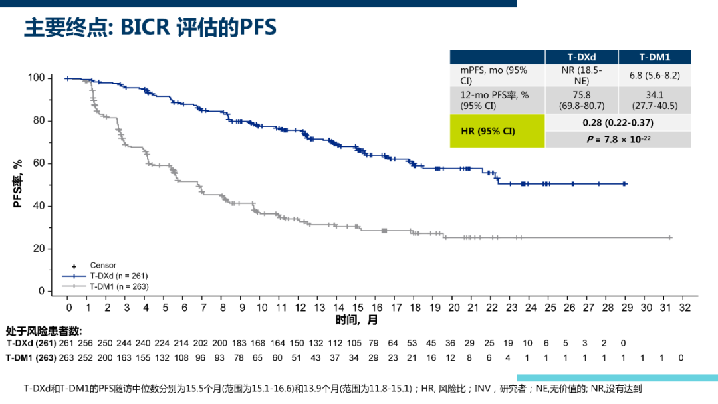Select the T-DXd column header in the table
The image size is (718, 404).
coord(581,58)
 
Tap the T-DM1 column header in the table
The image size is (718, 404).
coord(654,58)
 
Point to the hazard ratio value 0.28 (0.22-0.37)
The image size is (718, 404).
coord(618,123)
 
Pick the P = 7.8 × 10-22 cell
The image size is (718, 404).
coord(618,139)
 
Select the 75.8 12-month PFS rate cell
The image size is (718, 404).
coord(581,100)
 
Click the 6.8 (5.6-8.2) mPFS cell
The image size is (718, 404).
coord(654,75)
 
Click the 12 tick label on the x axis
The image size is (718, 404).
coord(300,308)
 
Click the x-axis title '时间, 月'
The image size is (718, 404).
coord(356,320)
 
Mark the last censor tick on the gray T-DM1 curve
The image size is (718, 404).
coord(669,237)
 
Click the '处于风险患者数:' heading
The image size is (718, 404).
coord(44,331)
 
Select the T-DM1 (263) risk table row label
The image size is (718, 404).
coord(30,358)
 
